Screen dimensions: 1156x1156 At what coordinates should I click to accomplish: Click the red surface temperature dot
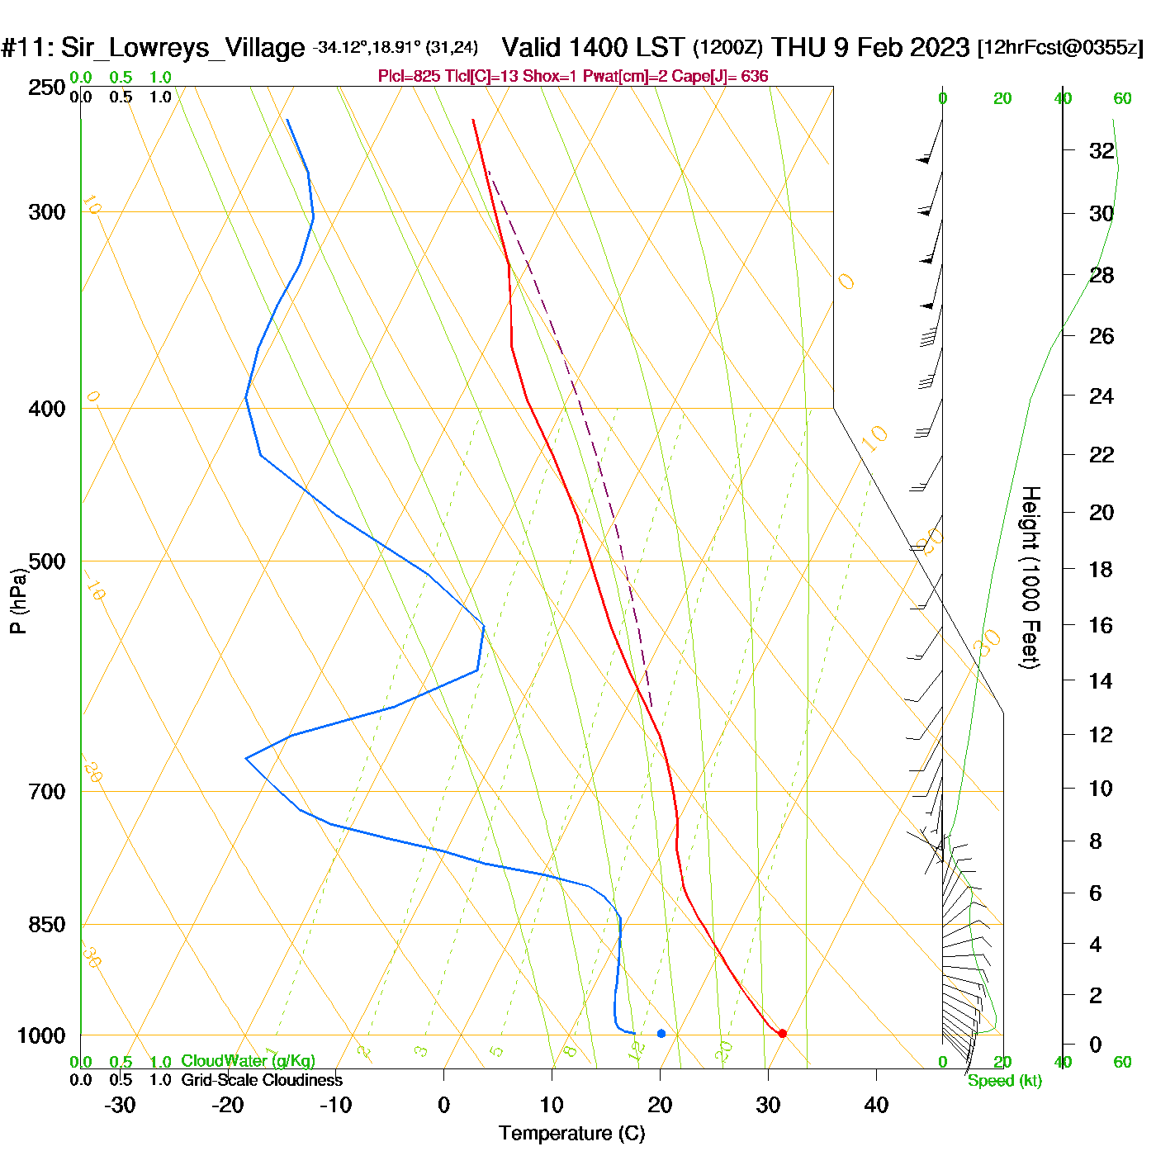pos(782,1033)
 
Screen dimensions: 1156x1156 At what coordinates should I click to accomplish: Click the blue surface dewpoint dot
pos(661,1033)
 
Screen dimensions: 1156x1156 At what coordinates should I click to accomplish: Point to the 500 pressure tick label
pos(47,561)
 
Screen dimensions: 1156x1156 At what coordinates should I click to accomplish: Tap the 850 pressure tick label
pos(47,925)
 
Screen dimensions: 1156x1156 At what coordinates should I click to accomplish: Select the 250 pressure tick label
pos(47,88)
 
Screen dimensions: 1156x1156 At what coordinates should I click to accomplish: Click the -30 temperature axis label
pos(120,1105)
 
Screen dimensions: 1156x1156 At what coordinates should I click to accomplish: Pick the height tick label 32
pos(1102,151)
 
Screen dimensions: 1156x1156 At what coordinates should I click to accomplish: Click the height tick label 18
pos(1101,569)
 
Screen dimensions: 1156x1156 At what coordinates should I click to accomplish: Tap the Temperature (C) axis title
pos(571,1133)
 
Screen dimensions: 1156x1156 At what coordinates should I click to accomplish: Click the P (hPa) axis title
pos(18,601)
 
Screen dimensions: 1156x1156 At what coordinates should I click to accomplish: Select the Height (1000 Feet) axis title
pos(1030,577)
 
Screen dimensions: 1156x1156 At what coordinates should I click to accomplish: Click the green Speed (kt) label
pos(1004,1081)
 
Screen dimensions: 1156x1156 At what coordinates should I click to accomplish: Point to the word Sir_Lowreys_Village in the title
pos(182,48)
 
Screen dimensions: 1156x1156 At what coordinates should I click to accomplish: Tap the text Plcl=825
pos(409,77)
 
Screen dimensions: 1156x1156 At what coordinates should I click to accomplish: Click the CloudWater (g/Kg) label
pos(248,1061)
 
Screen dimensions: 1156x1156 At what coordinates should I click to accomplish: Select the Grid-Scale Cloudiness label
pos(262,1080)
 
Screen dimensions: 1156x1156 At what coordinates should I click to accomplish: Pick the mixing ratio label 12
pos(636,1051)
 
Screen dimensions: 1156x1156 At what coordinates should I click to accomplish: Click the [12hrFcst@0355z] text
pos(1060,48)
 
